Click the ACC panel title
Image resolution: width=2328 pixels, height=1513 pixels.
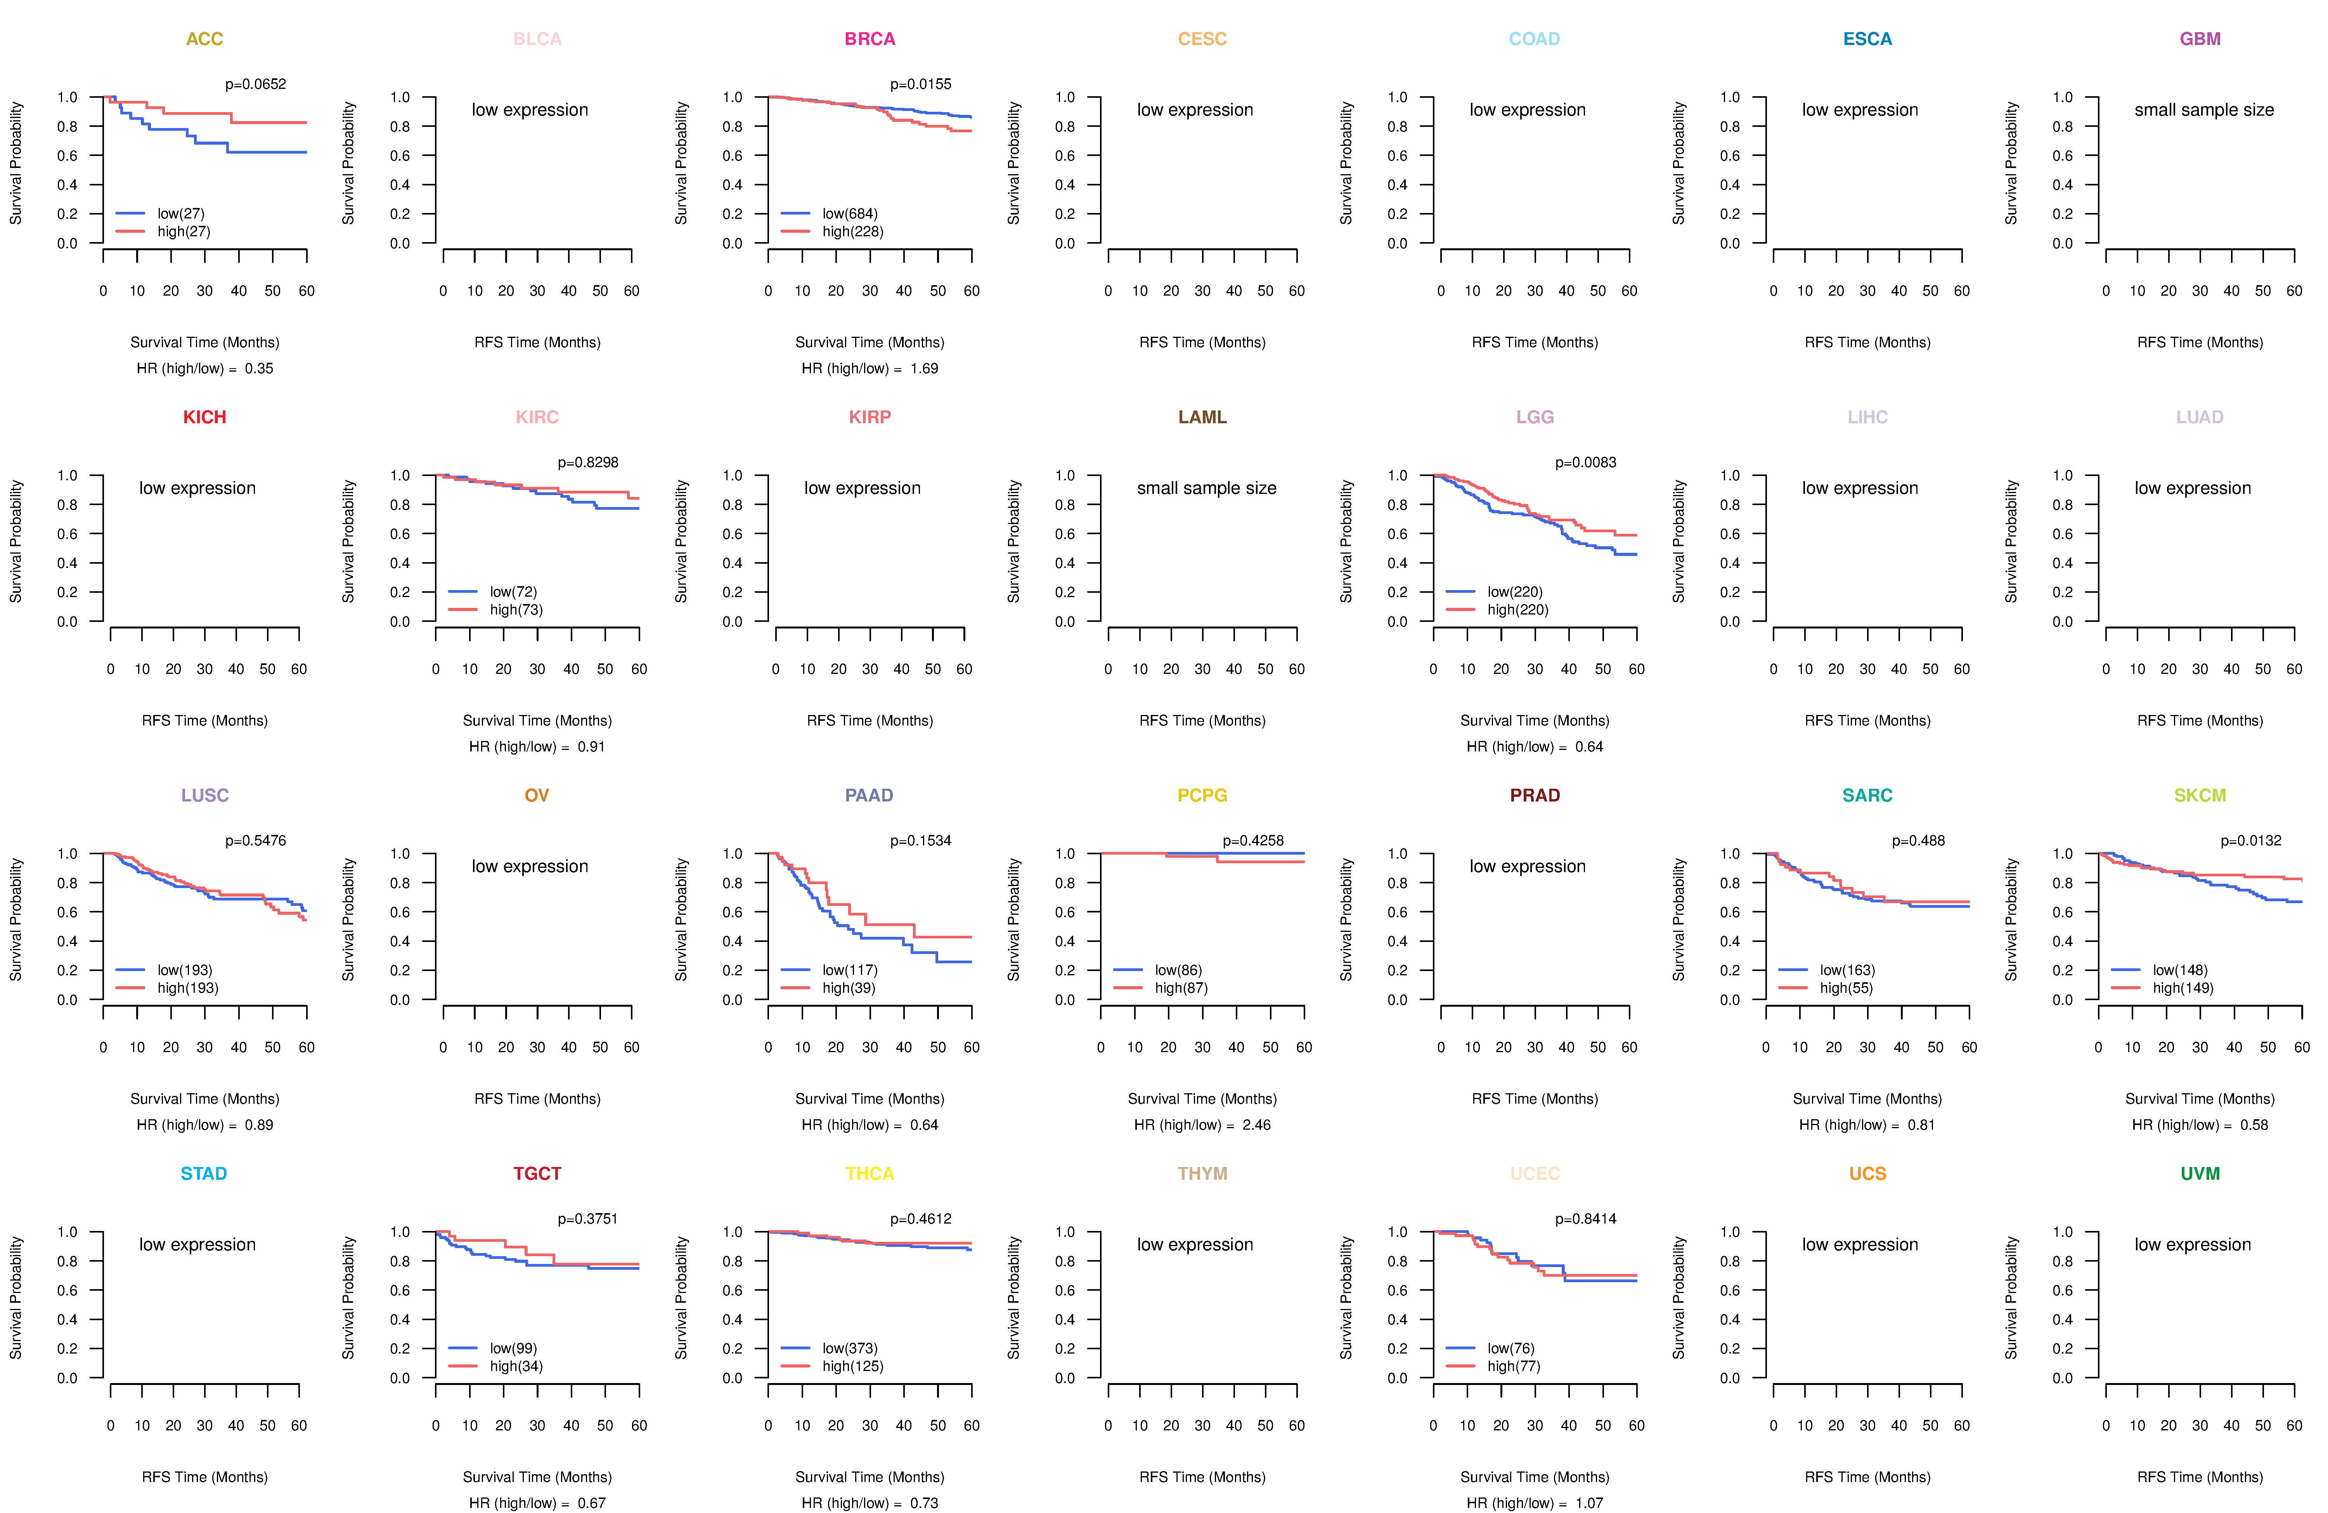pos(204,39)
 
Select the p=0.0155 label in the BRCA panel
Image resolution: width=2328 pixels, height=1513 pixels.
pos(920,84)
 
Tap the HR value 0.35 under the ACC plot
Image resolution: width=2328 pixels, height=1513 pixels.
pos(259,369)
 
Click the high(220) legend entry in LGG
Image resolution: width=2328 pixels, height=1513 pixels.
pos(1518,609)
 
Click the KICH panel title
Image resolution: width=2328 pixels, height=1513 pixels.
pos(204,417)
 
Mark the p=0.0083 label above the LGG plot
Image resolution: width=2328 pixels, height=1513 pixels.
pos(1586,462)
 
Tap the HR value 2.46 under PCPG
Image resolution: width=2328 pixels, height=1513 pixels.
pos(1257,1125)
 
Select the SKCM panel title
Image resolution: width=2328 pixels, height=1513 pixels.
pos(2200,795)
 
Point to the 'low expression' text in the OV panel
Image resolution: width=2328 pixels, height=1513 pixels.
pos(530,867)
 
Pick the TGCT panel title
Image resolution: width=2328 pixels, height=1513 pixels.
pos(537,1174)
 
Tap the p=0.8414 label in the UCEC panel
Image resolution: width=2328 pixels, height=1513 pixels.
pos(1586,1219)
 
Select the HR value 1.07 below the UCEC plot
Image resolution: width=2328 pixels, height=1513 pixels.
pos(1590,1503)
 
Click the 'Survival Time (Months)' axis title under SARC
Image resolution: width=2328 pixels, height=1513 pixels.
pos(1867,1099)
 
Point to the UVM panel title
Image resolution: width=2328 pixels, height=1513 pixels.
pos(2200,1174)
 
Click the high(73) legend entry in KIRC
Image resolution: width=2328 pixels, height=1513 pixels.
pos(516,609)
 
